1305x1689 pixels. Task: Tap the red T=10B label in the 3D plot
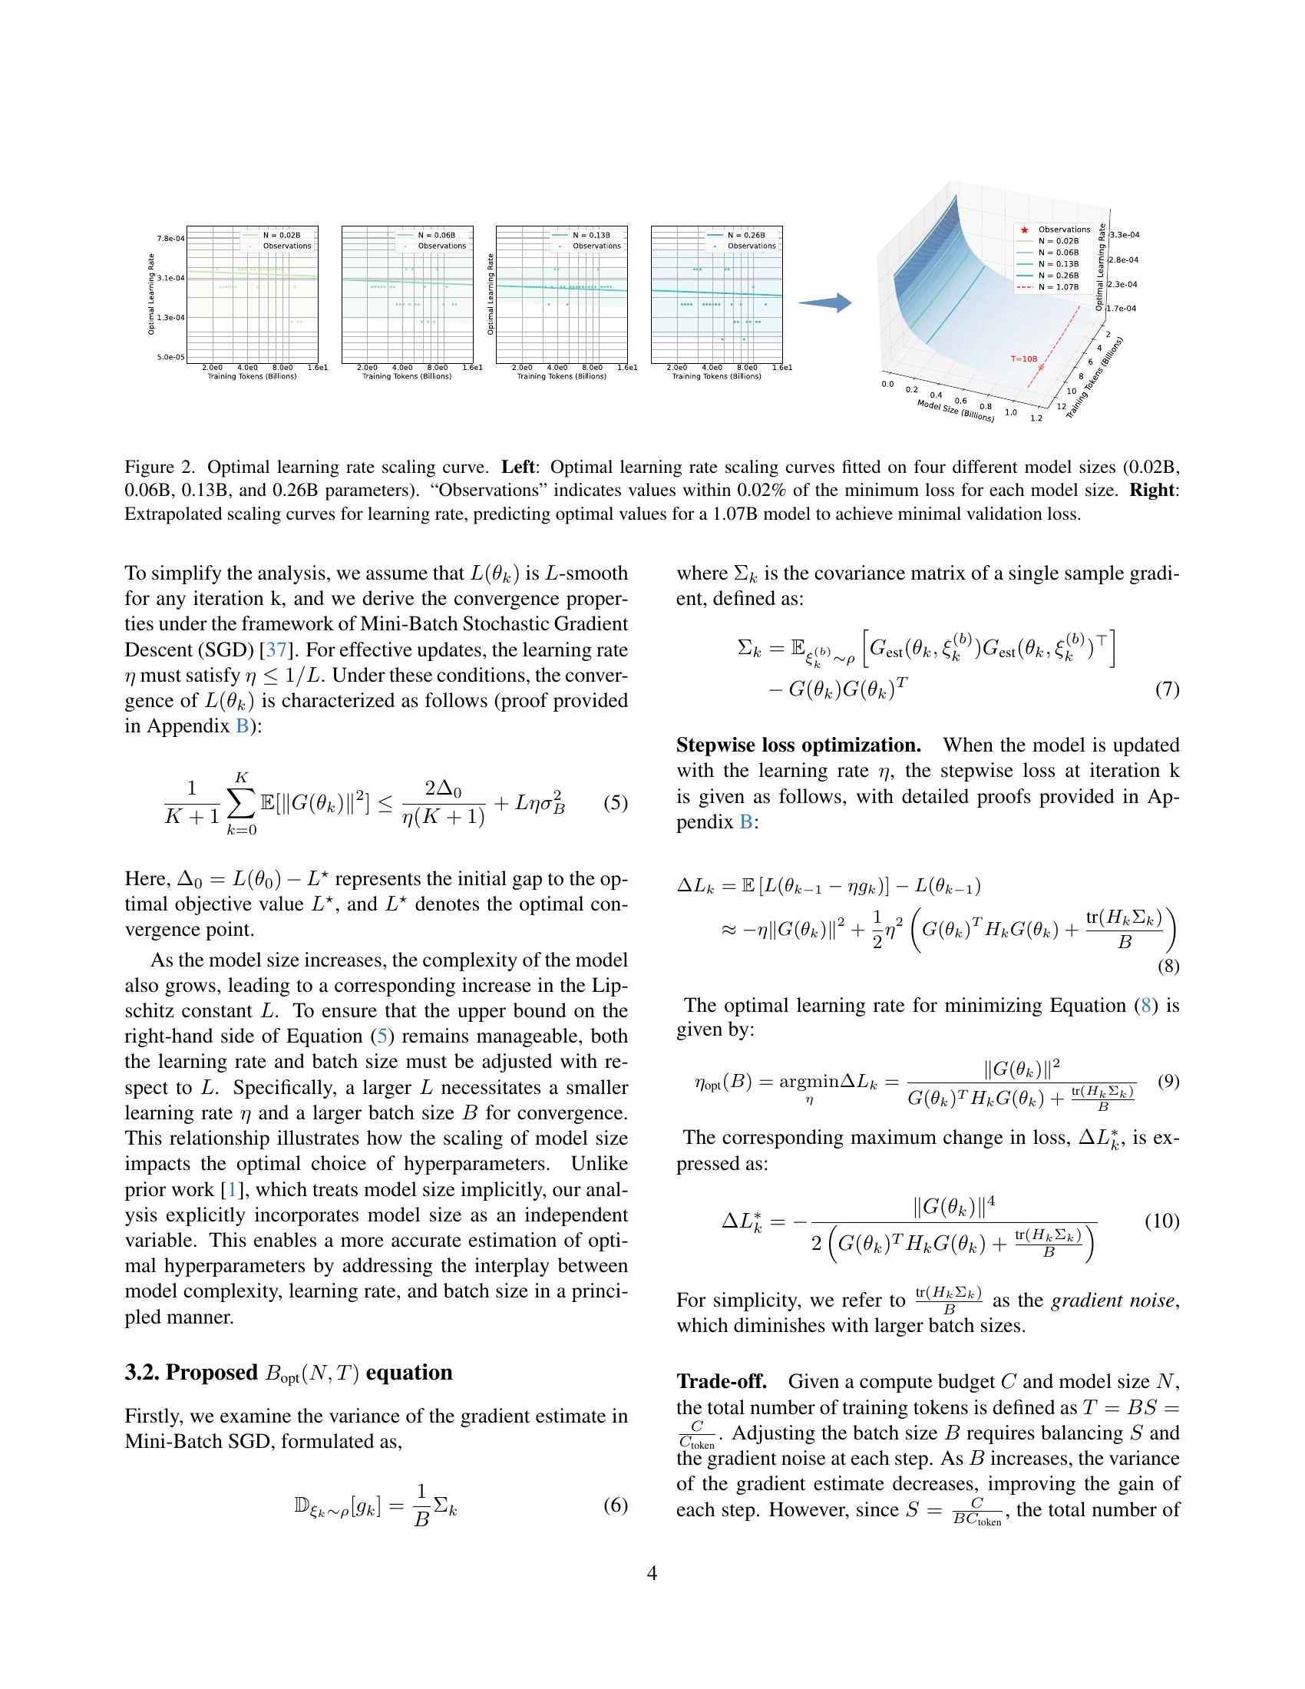point(1023,359)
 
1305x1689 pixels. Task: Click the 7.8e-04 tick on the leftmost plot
point(171,237)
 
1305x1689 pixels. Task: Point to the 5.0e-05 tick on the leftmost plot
point(171,356)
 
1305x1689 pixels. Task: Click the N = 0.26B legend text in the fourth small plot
point(746,235)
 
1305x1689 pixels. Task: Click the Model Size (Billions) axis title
point(955,410)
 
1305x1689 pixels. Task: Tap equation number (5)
point(616,803)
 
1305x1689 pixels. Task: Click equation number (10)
point(1161,1221)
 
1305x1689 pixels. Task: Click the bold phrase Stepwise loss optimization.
point(798,745)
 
